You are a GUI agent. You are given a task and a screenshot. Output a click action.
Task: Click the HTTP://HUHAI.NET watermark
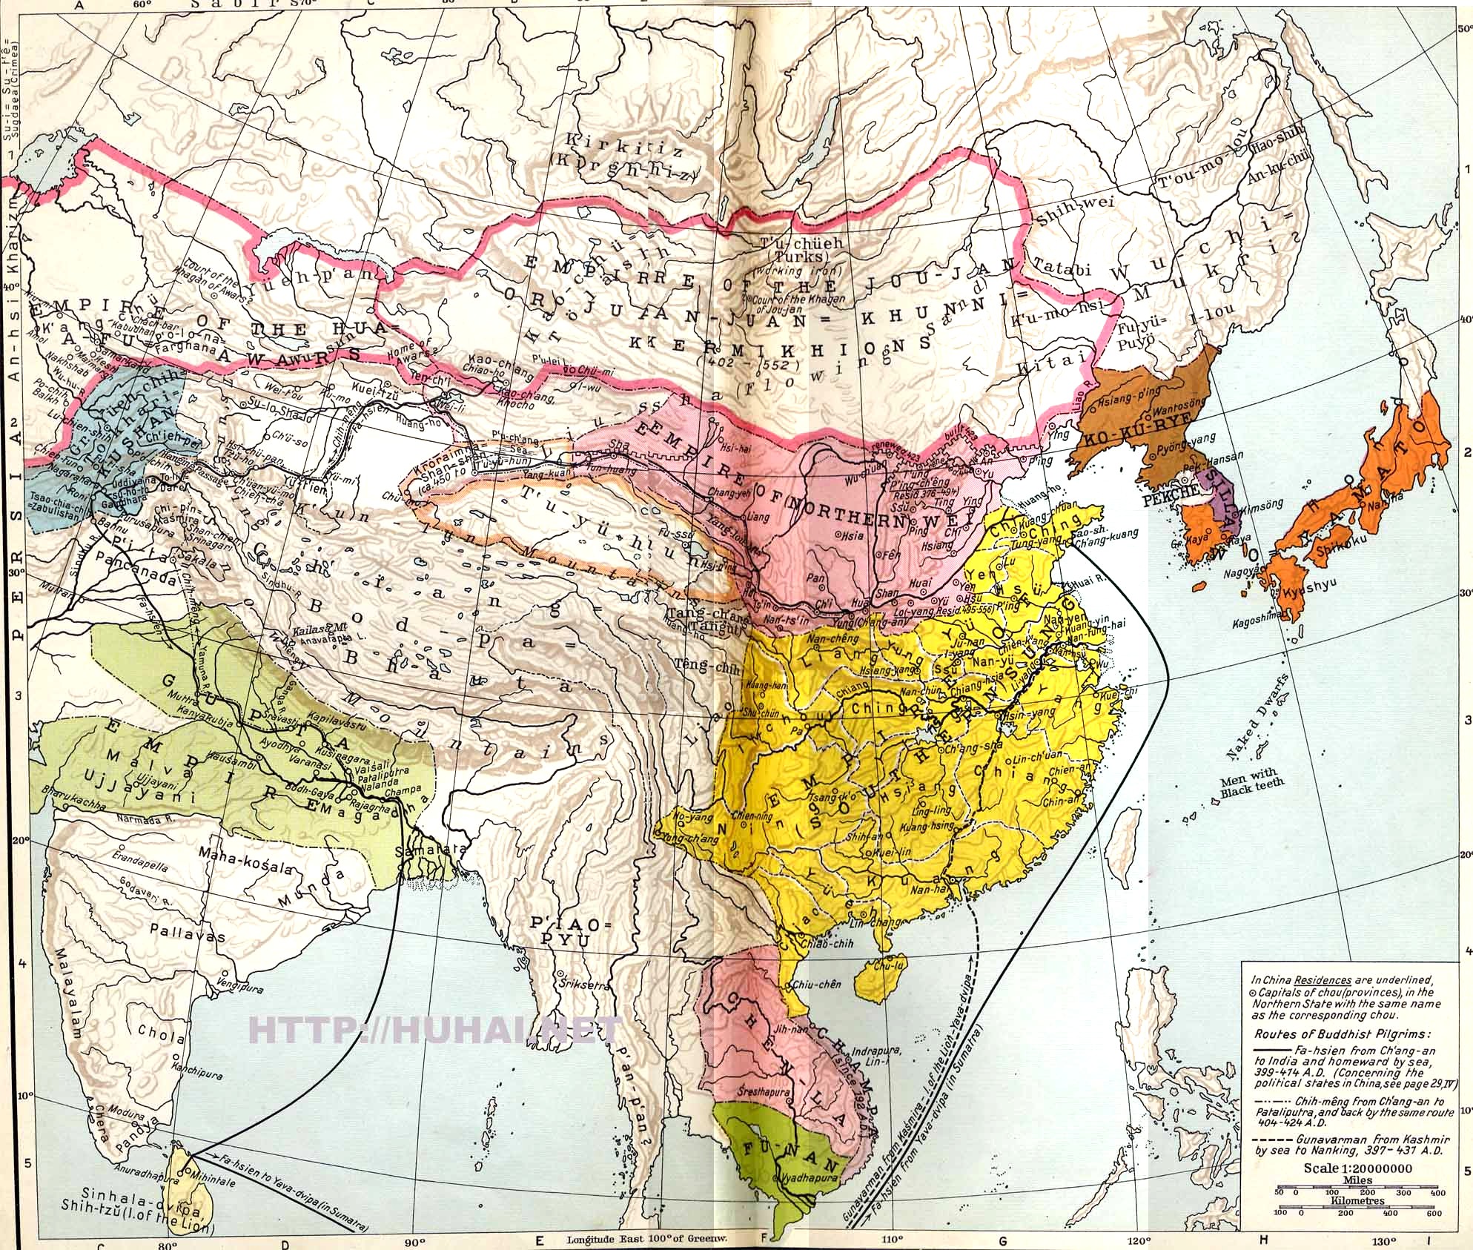434,1028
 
